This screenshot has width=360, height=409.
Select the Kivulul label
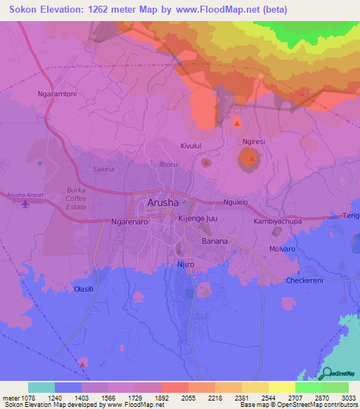click(191, 145)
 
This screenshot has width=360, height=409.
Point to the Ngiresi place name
click(253, 141)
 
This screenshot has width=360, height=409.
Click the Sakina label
click(103, 169)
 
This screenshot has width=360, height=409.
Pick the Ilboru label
click(169, 164)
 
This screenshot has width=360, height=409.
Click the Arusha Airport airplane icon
click(27, 204)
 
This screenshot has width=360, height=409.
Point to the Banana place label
click(214, 241)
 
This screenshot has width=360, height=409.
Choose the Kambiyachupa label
click(277, 221)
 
